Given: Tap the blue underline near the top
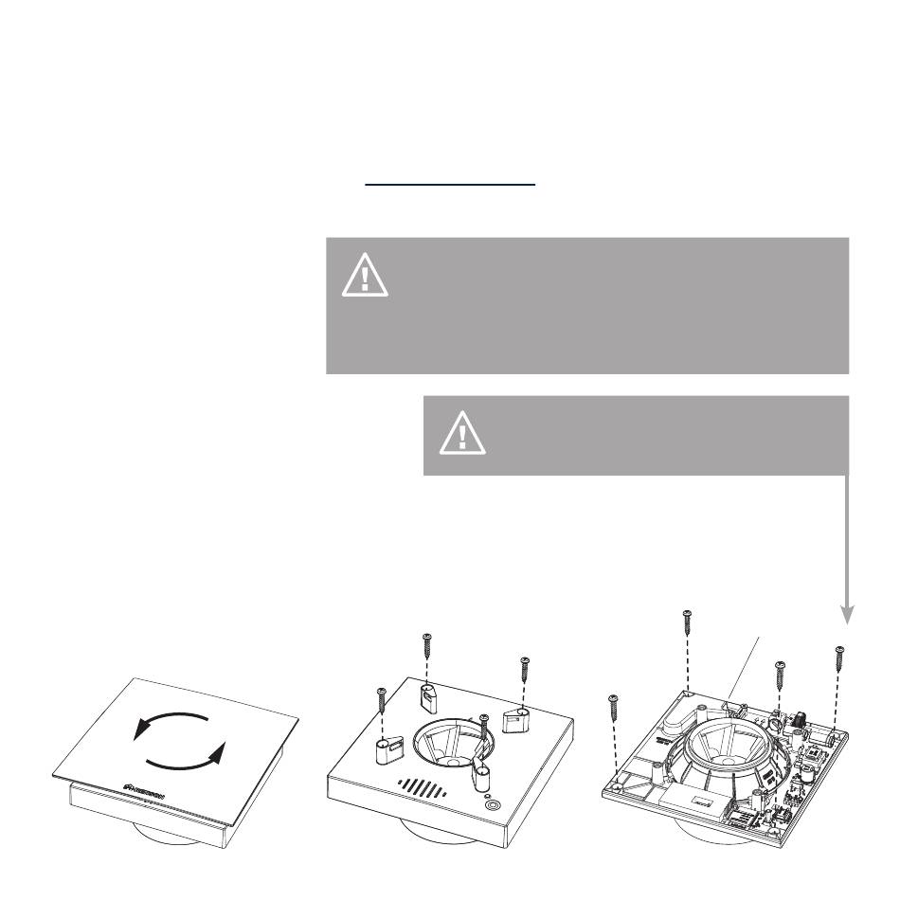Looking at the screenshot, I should pyautogui.click(x=451, y=186).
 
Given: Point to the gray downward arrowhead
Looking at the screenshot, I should pyautogui.click(x=848, y=614).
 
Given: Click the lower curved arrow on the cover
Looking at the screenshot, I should pyautogui.click(x=189, y=758).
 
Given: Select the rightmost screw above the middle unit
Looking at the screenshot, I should pyautogui.click(x=524, y=673).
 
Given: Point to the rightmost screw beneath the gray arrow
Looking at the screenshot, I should pyautogui.click(x=838, y=660).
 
